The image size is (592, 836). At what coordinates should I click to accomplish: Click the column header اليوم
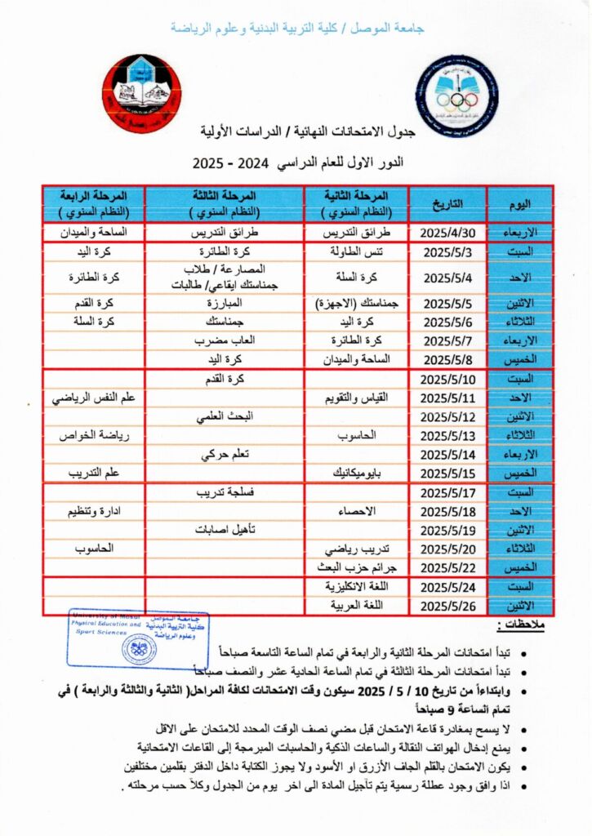(x=519, y=203)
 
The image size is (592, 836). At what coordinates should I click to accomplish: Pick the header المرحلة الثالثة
(x=225, y=203)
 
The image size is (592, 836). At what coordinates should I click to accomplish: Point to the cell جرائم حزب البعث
(x=356, y=567)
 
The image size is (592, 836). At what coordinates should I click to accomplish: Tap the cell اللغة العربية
(x=356, y=606)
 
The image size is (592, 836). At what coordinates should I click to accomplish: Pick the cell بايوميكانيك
(x=356, y=473)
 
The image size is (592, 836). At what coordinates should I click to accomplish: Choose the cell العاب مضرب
(x=225, y=340)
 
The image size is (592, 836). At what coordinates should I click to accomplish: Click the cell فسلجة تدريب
(x=225, y=493)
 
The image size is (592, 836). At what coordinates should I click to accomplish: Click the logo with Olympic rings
(x=455, y=96)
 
